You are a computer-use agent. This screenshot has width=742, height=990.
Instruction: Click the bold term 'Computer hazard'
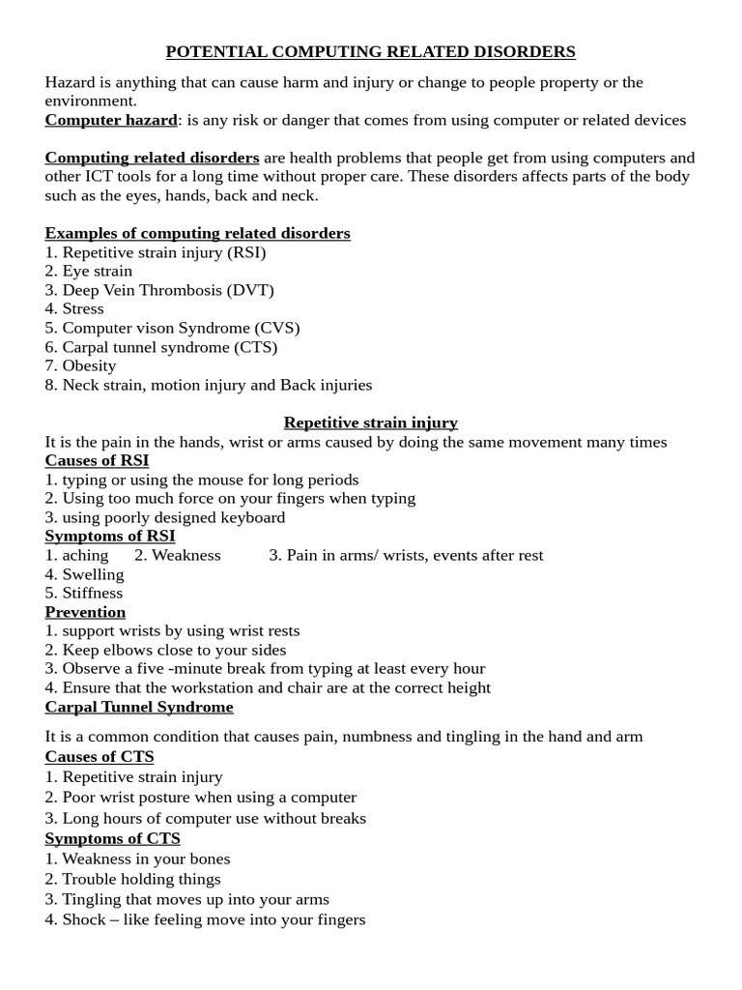tap(111, 120)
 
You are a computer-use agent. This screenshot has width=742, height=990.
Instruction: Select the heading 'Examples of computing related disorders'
tap(197, 233)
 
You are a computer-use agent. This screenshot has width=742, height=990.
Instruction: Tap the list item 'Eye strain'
tap(97, 271)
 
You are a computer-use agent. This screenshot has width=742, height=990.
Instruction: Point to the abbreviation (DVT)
tap(250, 290)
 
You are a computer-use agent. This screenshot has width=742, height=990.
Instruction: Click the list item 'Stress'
tap(83, 308)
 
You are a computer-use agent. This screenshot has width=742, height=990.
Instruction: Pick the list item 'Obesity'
tap(89, 365)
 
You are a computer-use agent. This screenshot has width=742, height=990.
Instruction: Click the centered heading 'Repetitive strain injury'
tap(370, 422)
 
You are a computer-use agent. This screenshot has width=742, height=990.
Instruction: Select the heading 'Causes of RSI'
tap(97, 460)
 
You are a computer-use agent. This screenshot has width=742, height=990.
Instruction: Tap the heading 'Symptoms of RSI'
tap(110, 536)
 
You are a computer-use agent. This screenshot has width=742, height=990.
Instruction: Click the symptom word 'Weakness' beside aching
tap(186, 555)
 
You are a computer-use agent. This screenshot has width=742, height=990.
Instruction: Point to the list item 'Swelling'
tap(93, 574)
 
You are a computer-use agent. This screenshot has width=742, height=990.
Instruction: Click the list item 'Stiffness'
tap(93, 593)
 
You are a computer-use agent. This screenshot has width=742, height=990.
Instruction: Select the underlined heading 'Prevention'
tap(85, 612)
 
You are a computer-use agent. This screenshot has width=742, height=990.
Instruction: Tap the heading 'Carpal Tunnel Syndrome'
tap(139, 707)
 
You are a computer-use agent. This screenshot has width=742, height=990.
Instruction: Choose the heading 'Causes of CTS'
tap(100, 756)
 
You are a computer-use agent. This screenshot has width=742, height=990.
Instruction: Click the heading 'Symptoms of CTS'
tap(112, 838)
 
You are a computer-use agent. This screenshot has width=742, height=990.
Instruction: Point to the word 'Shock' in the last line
tap(84, 919)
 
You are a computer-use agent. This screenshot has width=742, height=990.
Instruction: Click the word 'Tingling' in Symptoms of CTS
tap(91, 899)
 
